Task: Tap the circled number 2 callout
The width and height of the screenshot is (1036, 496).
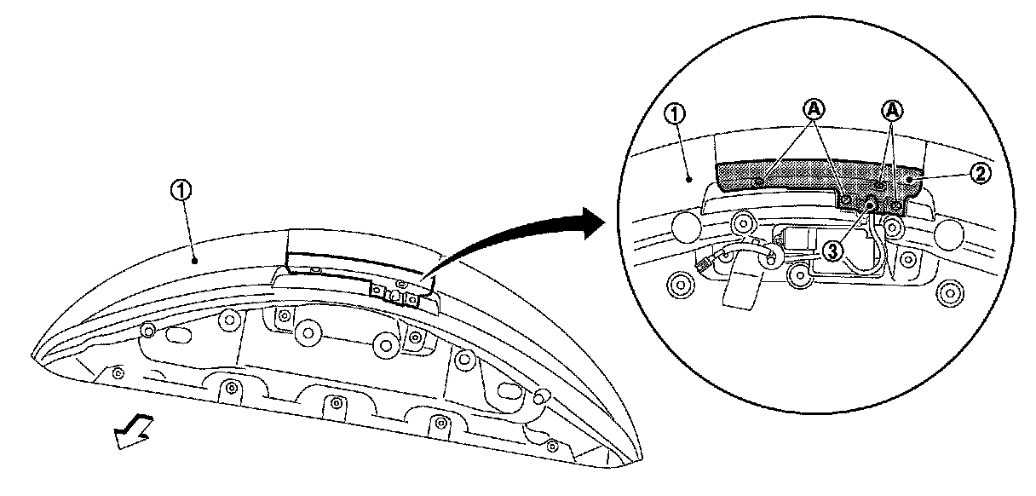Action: point(979,174)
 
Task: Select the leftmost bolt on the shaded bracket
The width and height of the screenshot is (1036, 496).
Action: point(758,180)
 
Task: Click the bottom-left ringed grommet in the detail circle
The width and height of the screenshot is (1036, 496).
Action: point(682,284)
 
